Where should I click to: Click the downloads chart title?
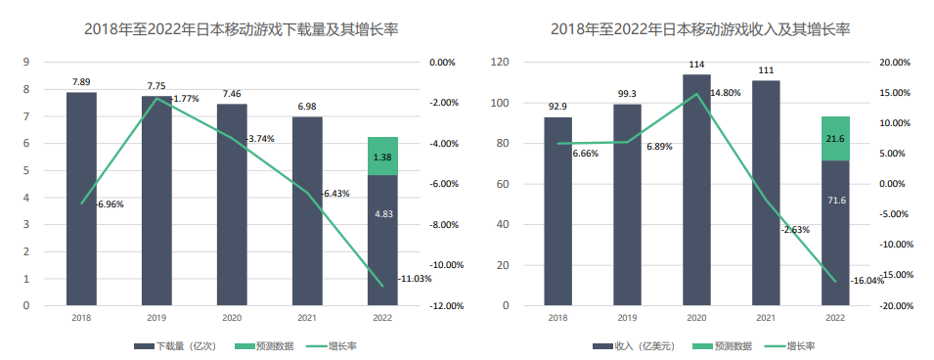233,29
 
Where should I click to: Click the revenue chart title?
700,29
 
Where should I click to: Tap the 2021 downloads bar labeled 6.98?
307,210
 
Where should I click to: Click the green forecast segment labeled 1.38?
382,157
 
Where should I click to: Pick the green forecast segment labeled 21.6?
835,138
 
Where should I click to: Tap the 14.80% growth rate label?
724,93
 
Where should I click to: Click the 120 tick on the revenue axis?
501,62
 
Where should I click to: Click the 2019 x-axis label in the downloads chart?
156,318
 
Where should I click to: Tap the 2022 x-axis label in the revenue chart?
835,318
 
